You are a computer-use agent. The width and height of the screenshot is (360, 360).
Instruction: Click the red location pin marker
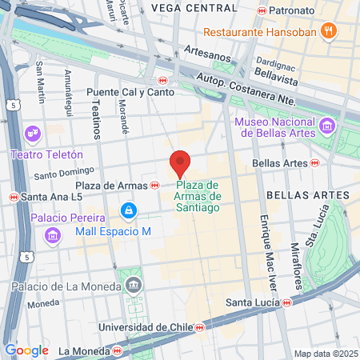point(180,165)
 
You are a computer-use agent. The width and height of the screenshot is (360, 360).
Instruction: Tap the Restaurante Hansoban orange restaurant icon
point(327,32)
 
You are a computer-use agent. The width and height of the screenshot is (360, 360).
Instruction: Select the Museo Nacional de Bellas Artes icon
point(326,126)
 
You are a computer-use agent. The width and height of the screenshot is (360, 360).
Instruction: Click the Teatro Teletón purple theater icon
point(33,133)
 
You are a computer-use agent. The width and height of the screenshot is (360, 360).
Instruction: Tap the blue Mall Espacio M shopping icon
point(126,210)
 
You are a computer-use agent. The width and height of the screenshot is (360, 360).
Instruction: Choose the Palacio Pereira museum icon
point(52,234)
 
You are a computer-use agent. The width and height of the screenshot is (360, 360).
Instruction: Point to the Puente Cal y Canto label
point(120,91)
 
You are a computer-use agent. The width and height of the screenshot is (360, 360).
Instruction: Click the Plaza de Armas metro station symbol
point(154,186)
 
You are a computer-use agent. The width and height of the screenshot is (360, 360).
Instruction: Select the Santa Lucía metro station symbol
point(286,302)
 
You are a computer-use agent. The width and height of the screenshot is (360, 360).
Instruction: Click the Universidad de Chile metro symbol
point(199,327)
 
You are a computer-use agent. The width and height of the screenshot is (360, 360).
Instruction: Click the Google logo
point(26,350)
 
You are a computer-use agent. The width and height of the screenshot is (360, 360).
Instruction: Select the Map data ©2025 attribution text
point(324,354)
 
